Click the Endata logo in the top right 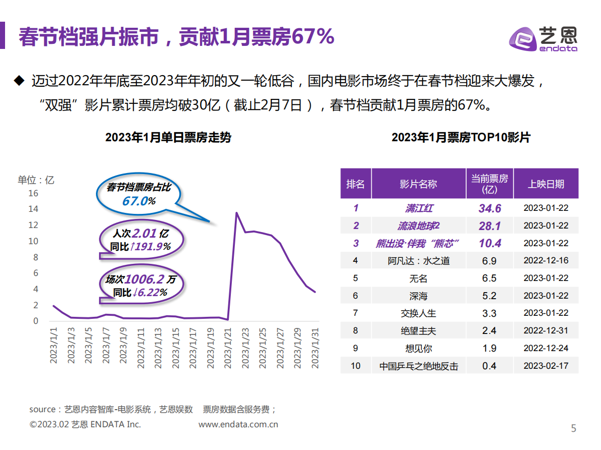[542, 38]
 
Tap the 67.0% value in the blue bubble [138, 201]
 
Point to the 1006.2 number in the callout [144, 279]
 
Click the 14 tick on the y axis [33, 209]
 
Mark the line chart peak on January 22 [237, 212]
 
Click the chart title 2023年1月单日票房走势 [168, 137]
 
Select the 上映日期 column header [545, 184]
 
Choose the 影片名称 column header [418, 184]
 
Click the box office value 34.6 [489, 208]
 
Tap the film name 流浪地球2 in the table [418, 226]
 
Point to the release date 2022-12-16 [545, 261]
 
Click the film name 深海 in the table [418, 296]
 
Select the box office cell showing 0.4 [489, 366]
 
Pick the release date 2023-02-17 [545, 366]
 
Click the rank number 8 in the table [356, 330]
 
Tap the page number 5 [573, 429]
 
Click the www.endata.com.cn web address [238, 425]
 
